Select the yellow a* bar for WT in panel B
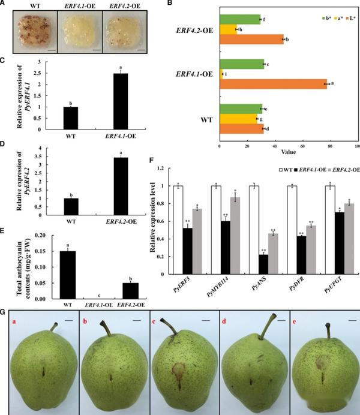[238, 119]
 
